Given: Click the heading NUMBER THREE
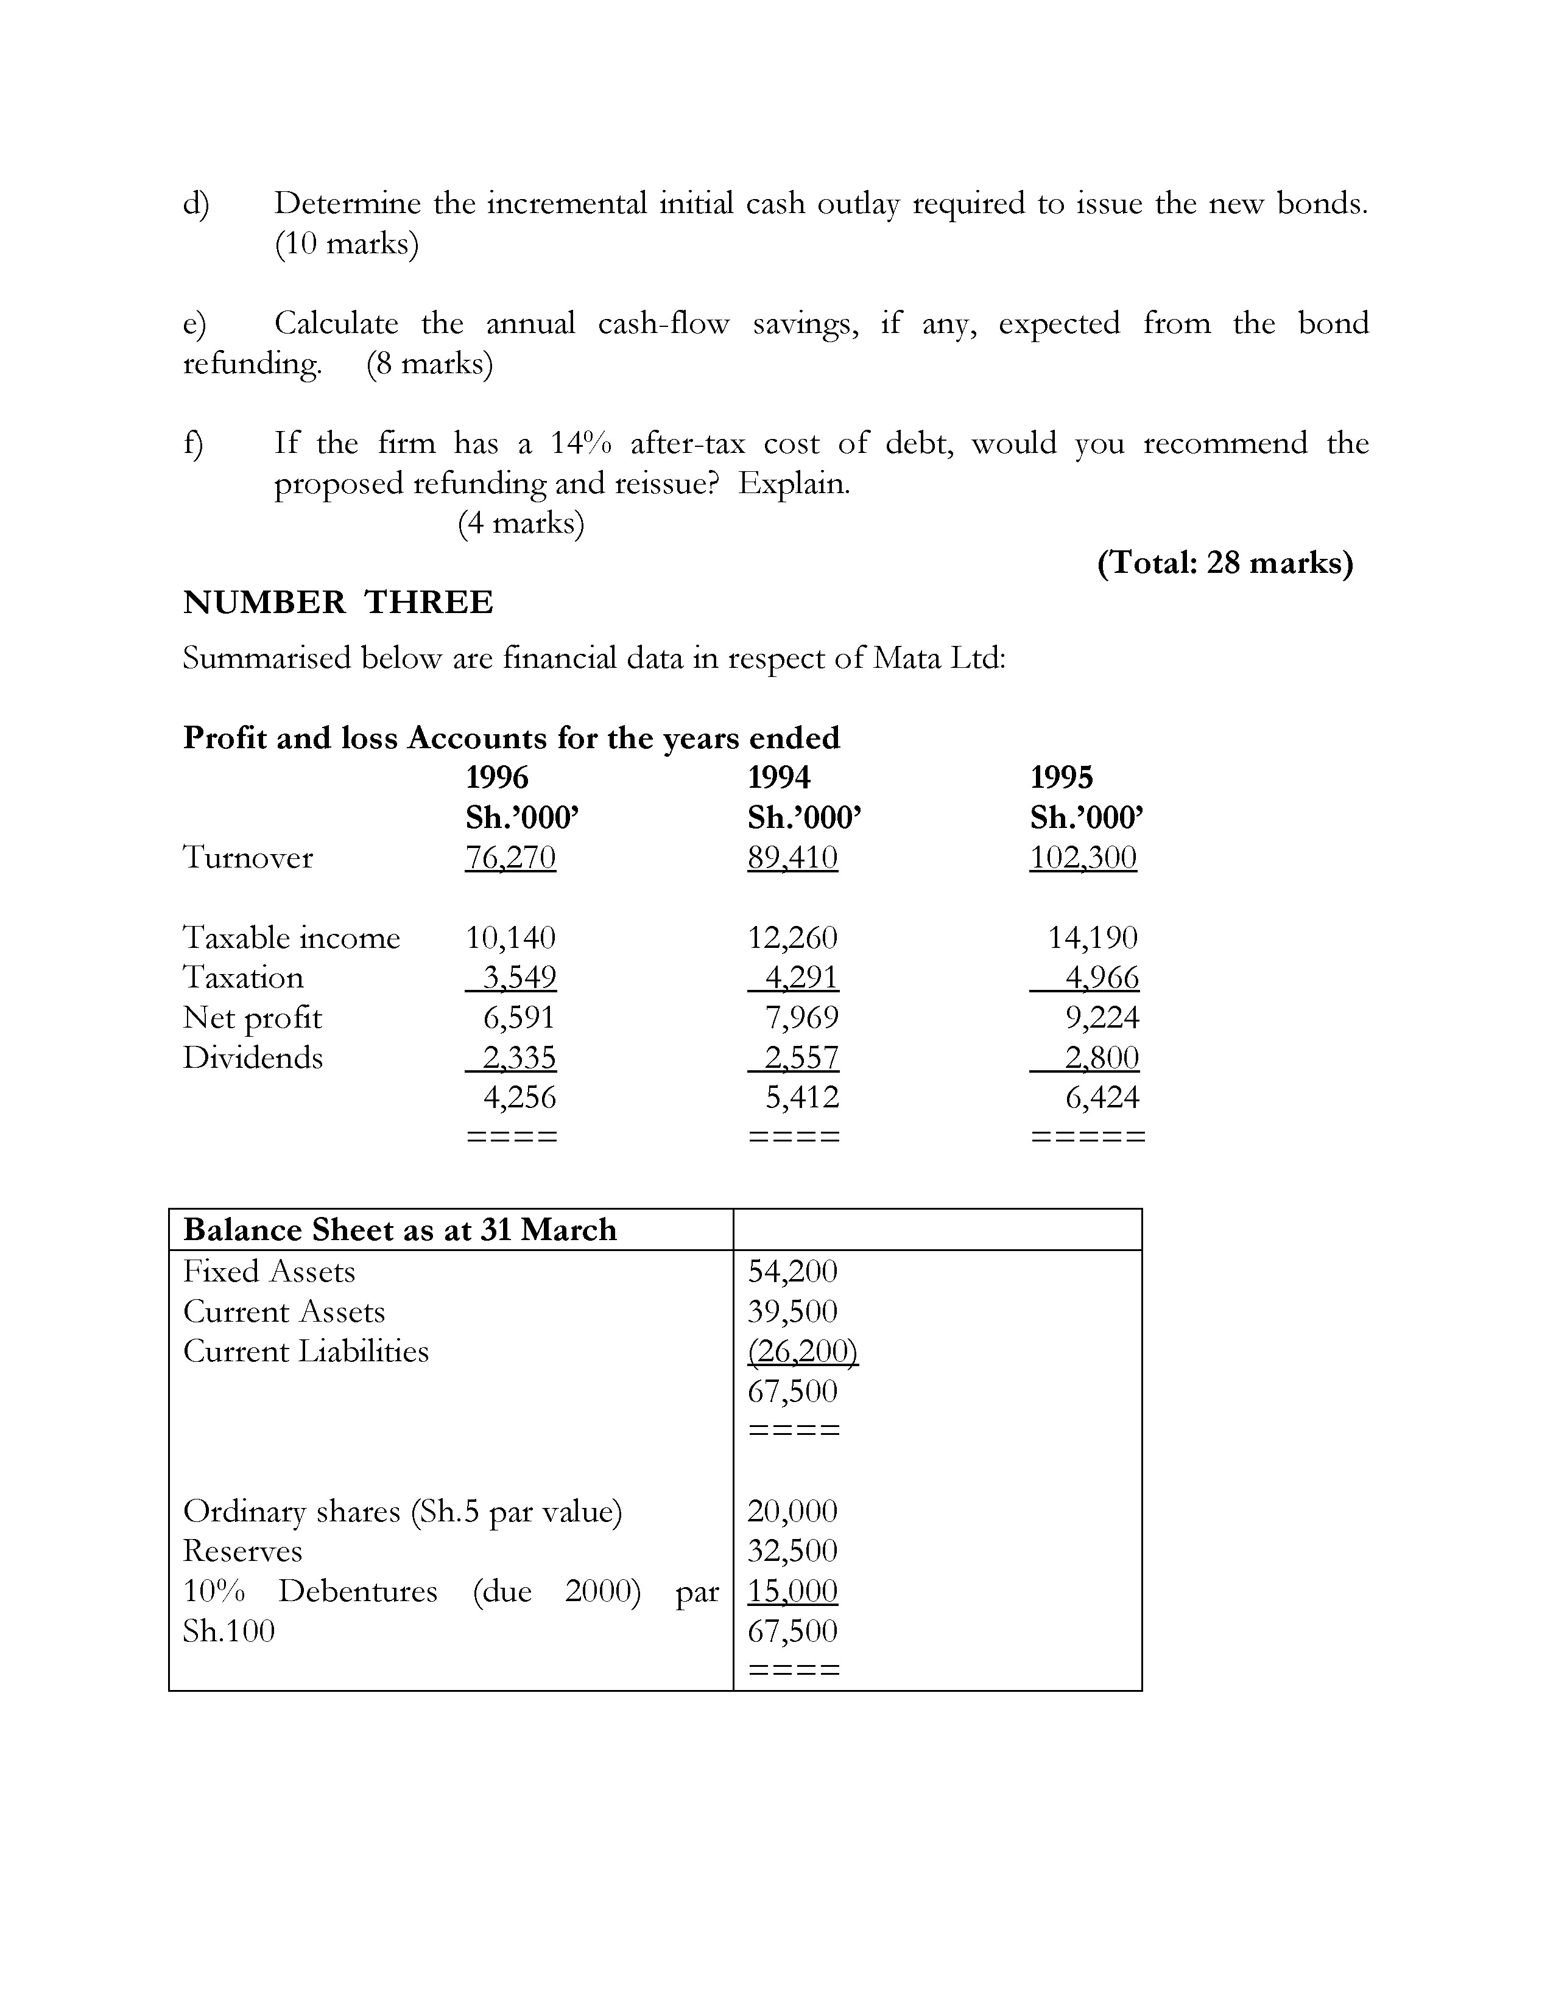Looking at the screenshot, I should (x=337, y=603).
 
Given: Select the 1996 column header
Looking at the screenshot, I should (x=497, y=777).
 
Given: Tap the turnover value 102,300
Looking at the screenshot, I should (x=1083, y=857).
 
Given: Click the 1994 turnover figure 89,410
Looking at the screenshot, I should (x=792, y=857).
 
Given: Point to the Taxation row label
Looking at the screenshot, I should (x=243, y=977).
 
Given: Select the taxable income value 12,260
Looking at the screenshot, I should (x=792, y=938).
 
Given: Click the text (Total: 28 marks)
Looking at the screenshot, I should (x=1225, y=562).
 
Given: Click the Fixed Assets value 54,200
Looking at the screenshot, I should (x=792, y=1271).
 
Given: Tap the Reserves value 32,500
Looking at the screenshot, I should (x=792, y=1551).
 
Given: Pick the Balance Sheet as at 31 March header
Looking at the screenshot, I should (x=400, y=1230).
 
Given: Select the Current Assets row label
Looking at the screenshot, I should (x=283, y=1312).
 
